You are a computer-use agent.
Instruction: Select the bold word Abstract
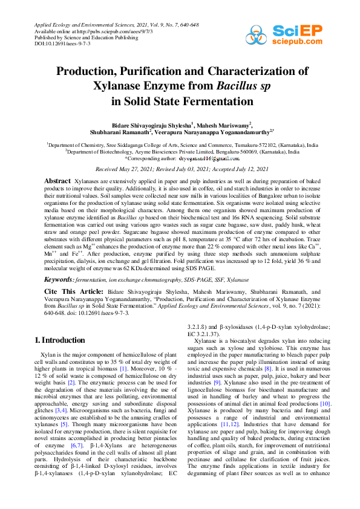58,181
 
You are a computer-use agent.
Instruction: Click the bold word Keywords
61,280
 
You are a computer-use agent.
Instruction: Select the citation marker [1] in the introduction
123,368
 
